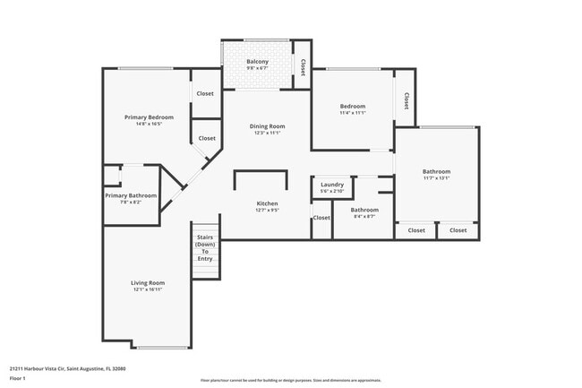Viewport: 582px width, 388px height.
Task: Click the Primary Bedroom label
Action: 149,117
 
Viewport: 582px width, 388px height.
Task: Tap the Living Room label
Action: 149,282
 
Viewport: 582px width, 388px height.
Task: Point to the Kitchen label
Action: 267,203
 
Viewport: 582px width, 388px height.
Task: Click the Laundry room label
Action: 332,184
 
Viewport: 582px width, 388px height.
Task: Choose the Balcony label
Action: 257,62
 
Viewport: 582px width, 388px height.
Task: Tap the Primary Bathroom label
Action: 131,195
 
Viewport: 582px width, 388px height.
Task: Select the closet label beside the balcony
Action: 303,66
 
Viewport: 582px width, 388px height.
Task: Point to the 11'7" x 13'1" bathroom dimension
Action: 436,178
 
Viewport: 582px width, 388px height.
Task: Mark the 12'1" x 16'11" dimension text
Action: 149,289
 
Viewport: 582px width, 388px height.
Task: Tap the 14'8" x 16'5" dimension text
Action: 149,125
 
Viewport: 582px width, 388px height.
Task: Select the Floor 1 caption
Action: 19,376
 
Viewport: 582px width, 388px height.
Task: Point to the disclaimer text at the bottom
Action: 290,380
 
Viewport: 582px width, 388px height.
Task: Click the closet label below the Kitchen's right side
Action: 321,218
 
